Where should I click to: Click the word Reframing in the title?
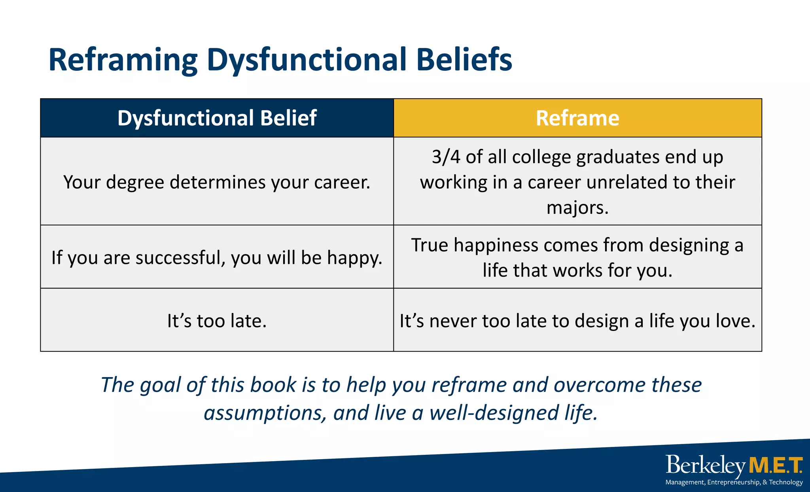pos(123,60)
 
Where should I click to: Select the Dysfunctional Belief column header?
pos(217,118)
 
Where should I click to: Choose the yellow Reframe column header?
pos(577,118)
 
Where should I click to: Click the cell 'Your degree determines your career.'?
pos(217,182)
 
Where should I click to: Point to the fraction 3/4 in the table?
pos(446,157)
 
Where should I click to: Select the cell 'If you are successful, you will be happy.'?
pos(217,258)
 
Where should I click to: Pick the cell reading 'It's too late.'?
pos(217,321)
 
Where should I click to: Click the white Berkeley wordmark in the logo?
pos(705,465)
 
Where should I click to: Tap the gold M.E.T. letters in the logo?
pos(775,465)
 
